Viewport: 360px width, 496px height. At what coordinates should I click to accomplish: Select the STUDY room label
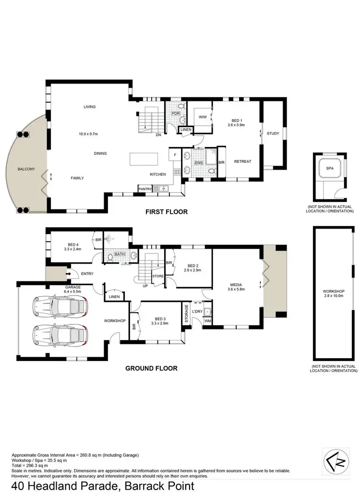click(x=273, y=133)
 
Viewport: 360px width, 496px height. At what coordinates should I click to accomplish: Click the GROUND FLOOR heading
click(x=151, y=369)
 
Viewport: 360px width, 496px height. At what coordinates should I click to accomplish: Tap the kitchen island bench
click(x=144, y=159)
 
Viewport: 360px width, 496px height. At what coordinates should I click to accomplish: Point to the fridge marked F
click(x=175, y=156)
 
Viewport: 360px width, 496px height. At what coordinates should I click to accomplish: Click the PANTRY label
click(x=145, y=189)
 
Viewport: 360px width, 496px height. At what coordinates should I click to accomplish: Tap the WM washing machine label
click(x=208, y=321)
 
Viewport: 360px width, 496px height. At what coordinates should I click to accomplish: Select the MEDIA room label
click(x=236, y=284)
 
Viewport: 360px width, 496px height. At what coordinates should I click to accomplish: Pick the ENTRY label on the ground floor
click(x=87, y=274)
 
